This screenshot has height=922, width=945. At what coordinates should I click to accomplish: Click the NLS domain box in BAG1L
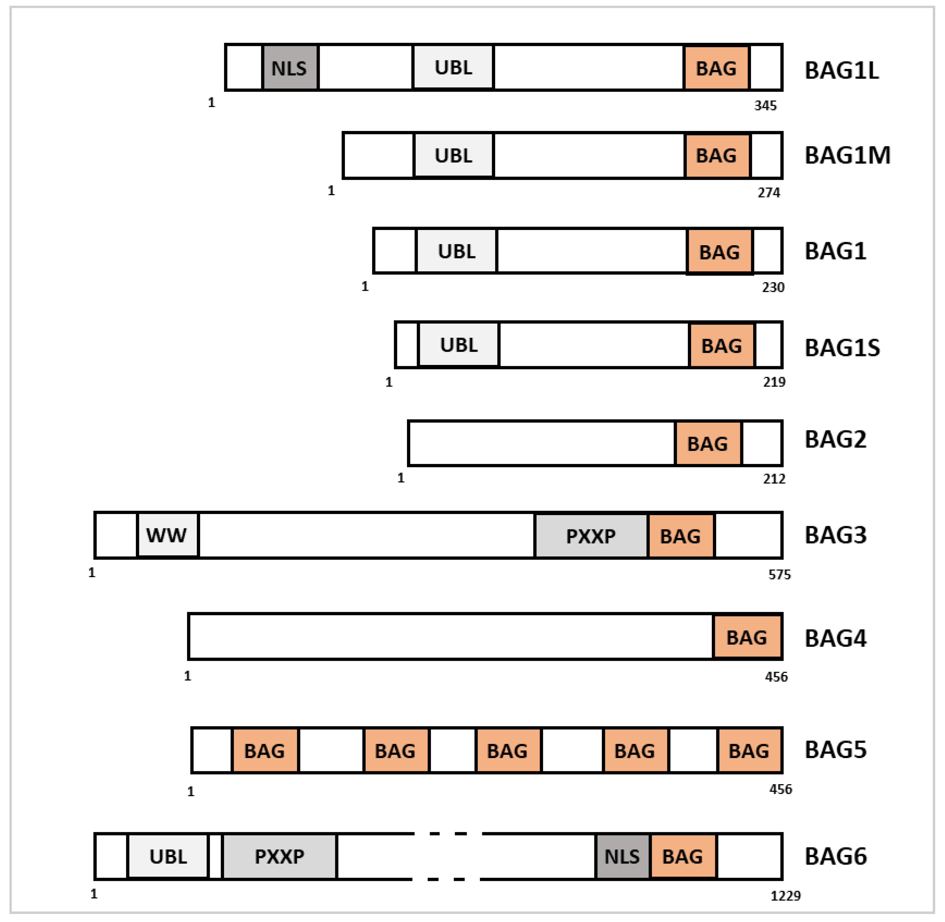click(x=290, y=68)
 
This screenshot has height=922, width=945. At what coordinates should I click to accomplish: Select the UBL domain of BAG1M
click(x=453, y=155)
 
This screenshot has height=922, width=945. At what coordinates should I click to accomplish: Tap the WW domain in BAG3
click(x=167, y=535)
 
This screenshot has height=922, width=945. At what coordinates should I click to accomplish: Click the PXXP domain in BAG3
click(x=591, y=536)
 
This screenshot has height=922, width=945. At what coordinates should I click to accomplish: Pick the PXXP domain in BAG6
click(x=279, y=857)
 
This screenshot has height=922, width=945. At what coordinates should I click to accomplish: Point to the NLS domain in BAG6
click(x=622, y=857)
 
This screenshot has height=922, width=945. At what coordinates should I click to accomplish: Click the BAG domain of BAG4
click(x=747, y=637)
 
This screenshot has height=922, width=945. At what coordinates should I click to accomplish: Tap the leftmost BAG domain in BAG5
click(x=265, y=751)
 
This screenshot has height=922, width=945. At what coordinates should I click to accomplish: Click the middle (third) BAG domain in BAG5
click(x=508, y=751)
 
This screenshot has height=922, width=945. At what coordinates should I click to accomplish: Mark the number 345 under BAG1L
click(x=765, y=106)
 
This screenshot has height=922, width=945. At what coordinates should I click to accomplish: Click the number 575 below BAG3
click(x=779, y=575)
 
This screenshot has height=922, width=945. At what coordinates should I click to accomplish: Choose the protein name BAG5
click(x=836, y=750)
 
